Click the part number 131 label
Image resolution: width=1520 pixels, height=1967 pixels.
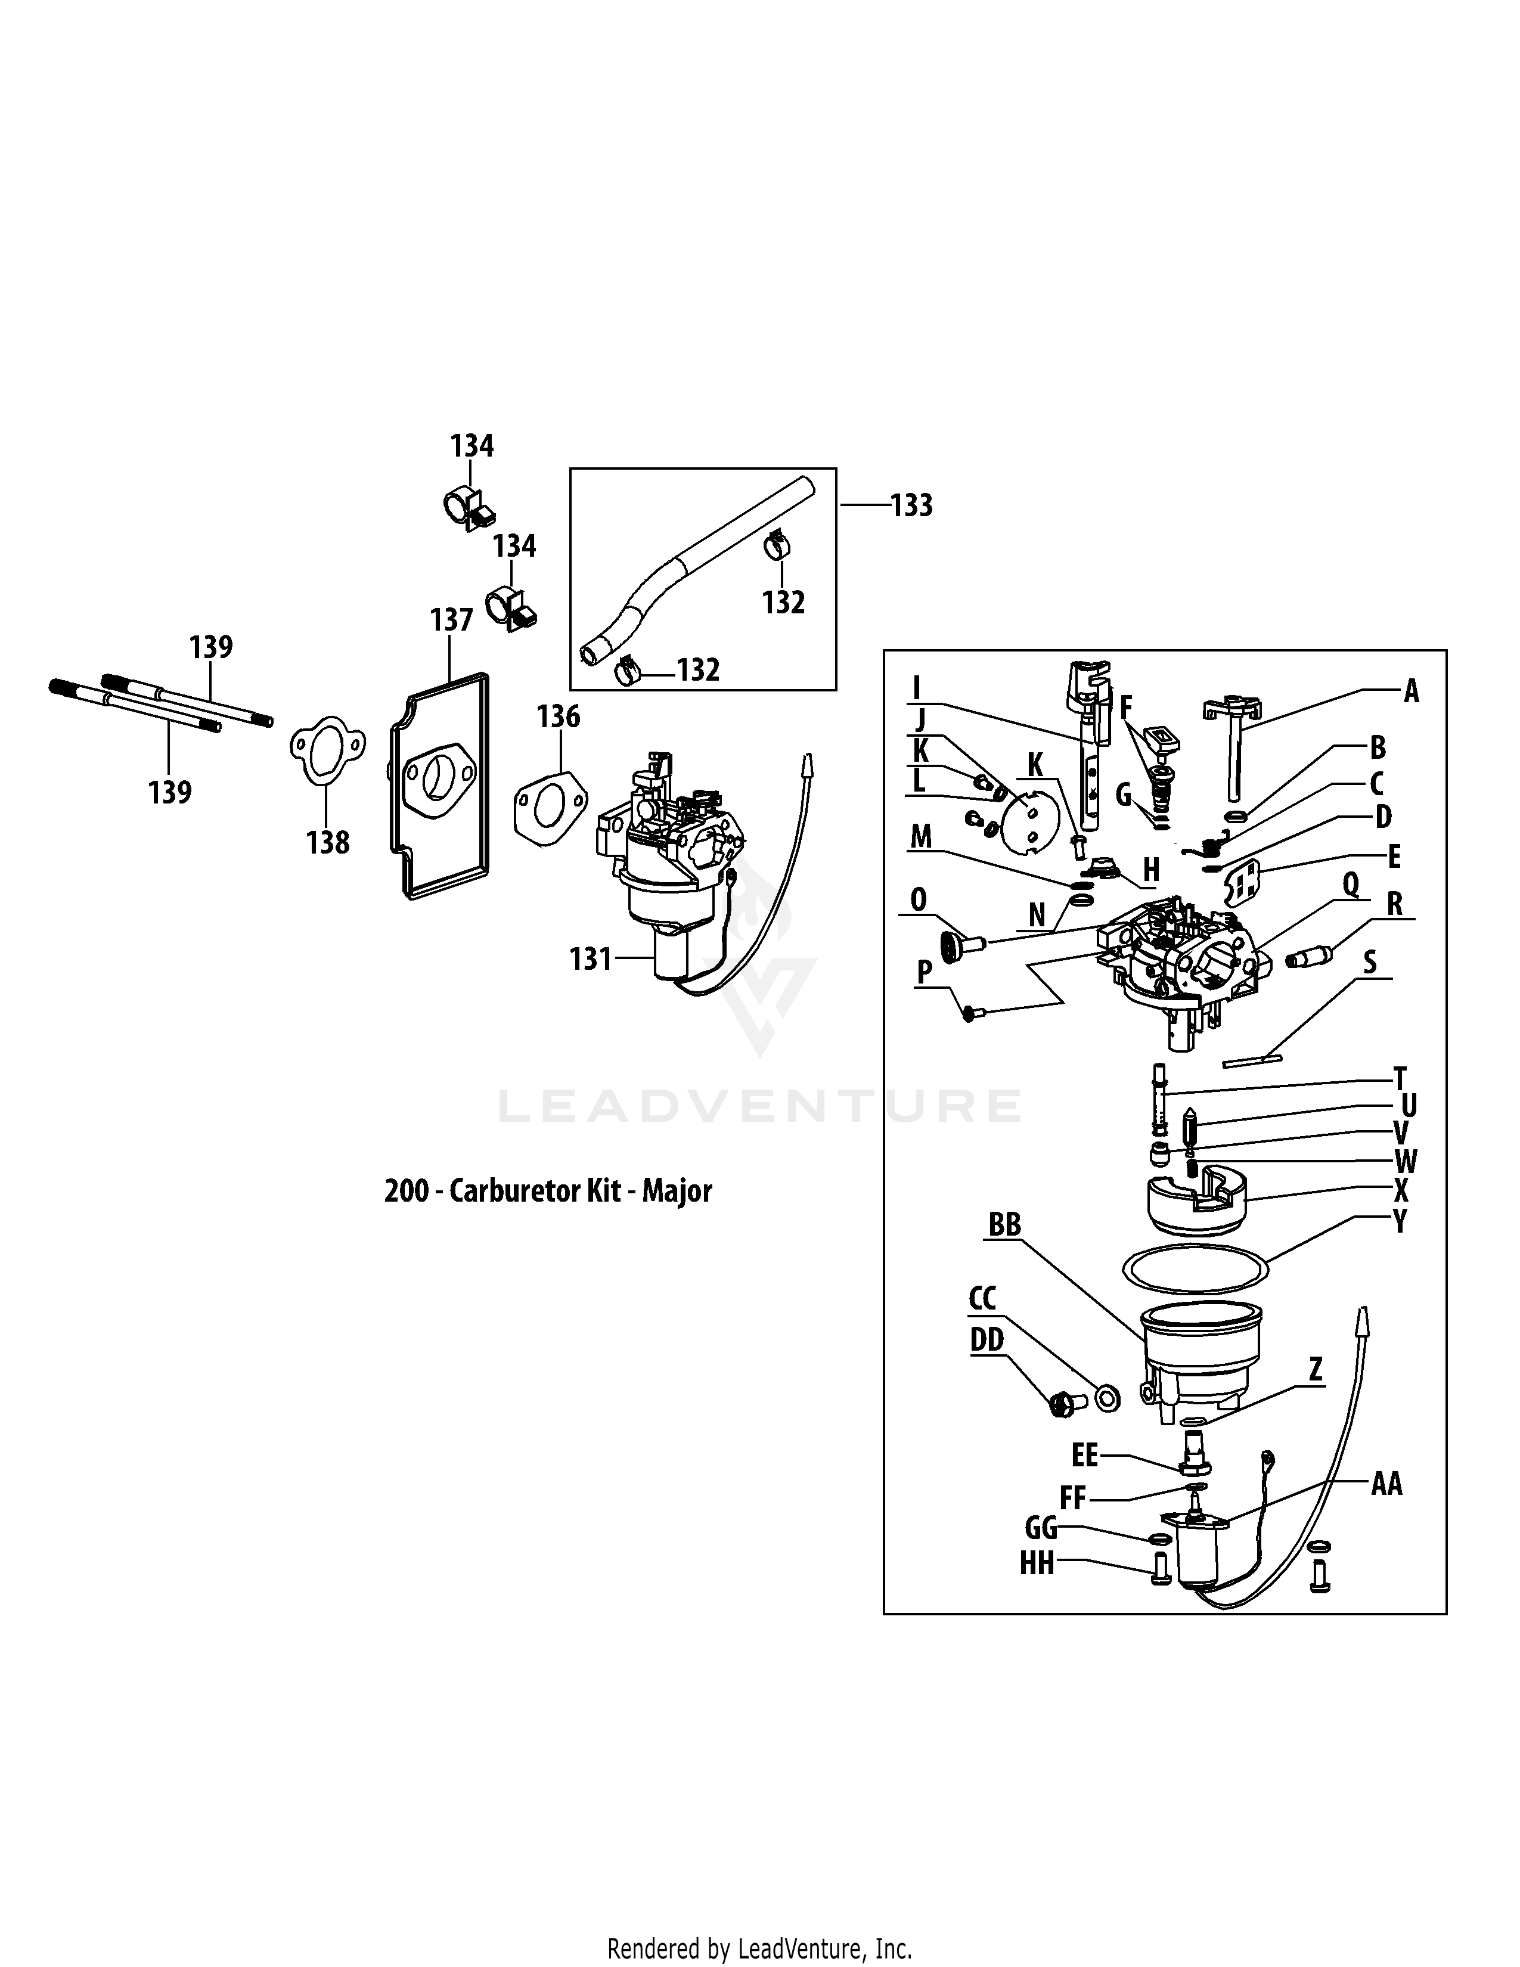point(591,959)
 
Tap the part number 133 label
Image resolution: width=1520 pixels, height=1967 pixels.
point(911,506)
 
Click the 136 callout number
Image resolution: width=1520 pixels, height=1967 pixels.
point(559,717)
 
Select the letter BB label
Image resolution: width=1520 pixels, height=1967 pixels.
point(1005,1225)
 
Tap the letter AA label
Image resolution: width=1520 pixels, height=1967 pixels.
point(1386,1484)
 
